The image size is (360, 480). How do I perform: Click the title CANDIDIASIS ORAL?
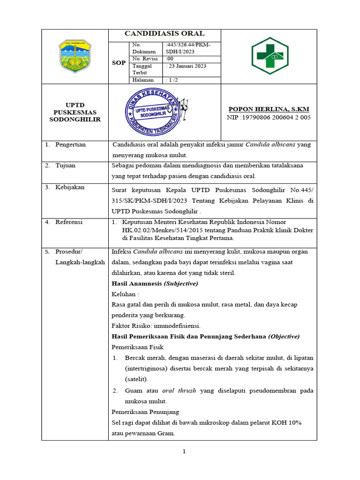click(164, 33)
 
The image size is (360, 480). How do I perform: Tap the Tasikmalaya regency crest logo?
click(75, 56)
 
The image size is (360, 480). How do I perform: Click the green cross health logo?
click(269, 56)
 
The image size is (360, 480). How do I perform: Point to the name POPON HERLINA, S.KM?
click(268, 109)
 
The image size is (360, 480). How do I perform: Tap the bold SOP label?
click(118, 62)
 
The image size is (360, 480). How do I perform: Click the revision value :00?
click(170, 59)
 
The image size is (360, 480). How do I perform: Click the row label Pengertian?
click(70, 144)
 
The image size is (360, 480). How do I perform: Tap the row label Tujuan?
click(65, 165)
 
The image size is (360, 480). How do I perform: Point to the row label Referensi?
click(69, 222)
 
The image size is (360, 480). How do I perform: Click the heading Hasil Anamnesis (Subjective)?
click(155, 284)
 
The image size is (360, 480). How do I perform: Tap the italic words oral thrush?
click(179, 390)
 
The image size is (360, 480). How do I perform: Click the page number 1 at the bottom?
click(184, 451)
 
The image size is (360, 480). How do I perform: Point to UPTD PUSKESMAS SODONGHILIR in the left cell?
click(75, 112)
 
